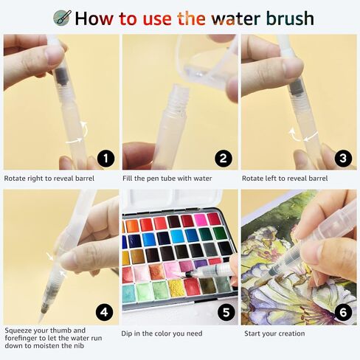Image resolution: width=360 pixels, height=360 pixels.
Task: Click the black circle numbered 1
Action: point(105,158)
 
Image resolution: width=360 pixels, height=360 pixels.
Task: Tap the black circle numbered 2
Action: point(223,158)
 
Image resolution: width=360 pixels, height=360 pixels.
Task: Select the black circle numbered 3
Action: point(343,158)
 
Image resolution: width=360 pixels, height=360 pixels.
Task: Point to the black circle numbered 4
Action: point(105,312)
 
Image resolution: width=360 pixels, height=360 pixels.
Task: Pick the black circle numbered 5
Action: point(226,312)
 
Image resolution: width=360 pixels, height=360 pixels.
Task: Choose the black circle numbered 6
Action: point(343,312)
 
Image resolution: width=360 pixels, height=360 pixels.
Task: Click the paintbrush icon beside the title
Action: point(63,18)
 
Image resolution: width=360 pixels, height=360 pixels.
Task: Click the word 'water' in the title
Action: point(236,18)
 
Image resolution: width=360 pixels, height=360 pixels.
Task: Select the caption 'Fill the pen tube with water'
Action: point(167,179)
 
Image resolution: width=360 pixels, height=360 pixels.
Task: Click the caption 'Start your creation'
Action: point(274,333)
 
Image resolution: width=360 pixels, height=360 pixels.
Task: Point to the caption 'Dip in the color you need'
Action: point(162,333)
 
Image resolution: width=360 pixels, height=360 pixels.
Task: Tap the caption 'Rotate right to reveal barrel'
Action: point(49,179)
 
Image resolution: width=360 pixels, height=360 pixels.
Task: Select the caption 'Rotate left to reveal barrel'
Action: point(285,179)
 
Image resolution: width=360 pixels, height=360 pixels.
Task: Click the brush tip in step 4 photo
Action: point(41,316)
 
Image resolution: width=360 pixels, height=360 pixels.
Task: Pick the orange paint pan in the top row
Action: point(133,226)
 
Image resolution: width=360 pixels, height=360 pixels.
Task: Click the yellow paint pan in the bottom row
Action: point(176,288)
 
